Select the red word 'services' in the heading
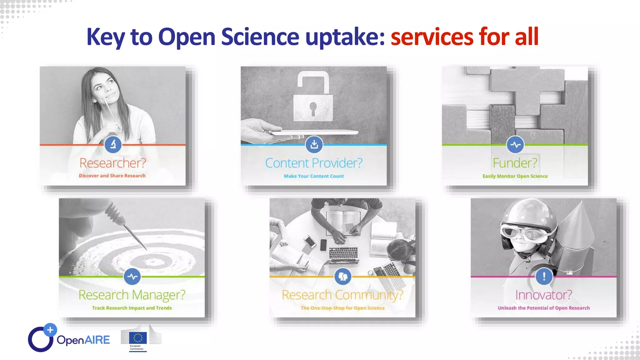(432, 37)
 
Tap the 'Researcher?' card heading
(112, 163)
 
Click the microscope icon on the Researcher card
(113, 144)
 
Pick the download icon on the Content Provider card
(314, 144)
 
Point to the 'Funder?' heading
(515, 163)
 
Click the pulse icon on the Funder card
(515, 145)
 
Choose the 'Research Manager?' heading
(132, 295)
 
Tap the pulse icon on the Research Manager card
(132, 277)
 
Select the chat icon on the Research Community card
(343, 277)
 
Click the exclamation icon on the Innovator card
(544, 277)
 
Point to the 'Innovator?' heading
(543, 295)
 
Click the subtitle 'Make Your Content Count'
(314, 176)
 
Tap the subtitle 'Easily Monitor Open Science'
(515, 176)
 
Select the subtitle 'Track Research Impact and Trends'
(132, 308)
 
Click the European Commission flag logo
(138, 338)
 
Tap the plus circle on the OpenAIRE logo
(50, 330)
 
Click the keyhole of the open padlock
(313, 107)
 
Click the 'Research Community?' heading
(342, 295)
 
